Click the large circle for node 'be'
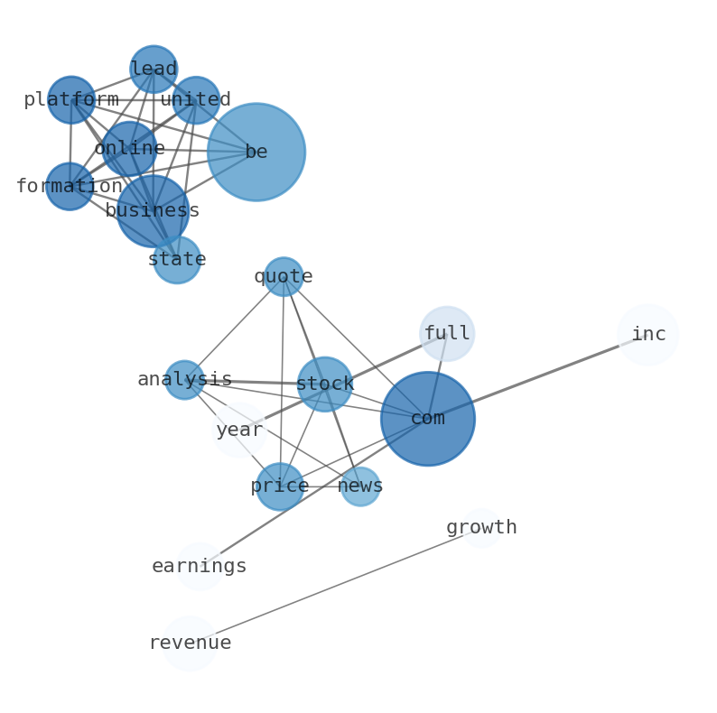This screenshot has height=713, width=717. click(256, 153)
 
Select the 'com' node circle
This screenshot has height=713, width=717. click(428, 419)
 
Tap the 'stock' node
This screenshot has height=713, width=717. click(325, 384)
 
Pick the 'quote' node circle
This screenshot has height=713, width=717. click(284, 276)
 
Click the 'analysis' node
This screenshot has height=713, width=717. click(185, 380)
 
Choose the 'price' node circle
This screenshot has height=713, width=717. click(280, 486)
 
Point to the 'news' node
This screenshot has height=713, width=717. click(360, 486)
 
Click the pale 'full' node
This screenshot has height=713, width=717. click(447, 334)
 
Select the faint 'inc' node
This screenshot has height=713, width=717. click(648, 335)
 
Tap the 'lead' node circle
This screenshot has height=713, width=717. click(154, 69)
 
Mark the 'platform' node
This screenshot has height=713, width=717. click(71, 99)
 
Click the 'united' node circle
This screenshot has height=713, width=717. click(196, 100)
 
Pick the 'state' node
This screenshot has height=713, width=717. click(177, 260)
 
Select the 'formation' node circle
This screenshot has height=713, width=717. click(70, 187)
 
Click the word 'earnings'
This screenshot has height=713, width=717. click(200, 566)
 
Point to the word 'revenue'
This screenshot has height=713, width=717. click(191, 643)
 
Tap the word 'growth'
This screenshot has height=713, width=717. click(481, 527)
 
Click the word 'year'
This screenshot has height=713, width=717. click(239, 431)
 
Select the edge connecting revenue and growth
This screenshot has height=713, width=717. click(336, 586)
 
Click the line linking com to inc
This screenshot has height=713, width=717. click(538, 376)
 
